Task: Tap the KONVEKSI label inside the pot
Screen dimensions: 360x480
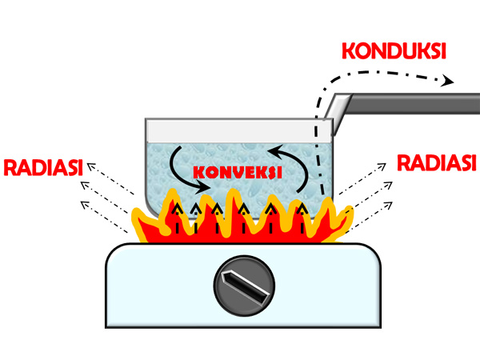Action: (x=237, y=173)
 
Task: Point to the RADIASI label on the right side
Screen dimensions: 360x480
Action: (x=437, y=163)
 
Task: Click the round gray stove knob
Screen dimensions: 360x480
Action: (x=245, y=284)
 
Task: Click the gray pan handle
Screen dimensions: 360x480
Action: (x=416, y=102)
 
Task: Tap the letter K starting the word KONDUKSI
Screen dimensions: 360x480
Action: (x=349, y=50)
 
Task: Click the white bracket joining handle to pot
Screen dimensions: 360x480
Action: (x=341, y=112)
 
